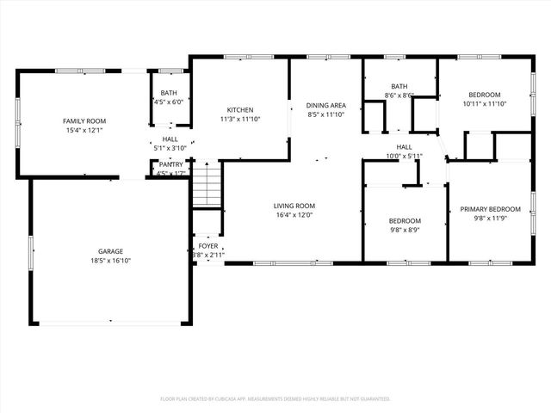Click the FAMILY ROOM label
[x=84, y=121]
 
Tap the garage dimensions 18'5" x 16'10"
[x=109, y=261]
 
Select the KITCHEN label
[x=239, y=110]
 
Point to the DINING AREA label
[x=325, y=105]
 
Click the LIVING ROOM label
[x=294, y=206]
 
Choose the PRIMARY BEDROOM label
[x=490, y=209]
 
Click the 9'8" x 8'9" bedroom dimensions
[x=405, y=231]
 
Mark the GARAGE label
[x=109, y=251]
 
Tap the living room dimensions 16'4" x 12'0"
[x=294, y=216]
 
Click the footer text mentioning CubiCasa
[x=275, y=399]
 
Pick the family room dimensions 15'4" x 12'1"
[x=84, y=131]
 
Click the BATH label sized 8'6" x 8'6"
[x=399, y=86]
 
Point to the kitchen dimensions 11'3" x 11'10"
[x=239, y=120]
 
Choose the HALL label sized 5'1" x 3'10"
[x=170, y=139]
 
